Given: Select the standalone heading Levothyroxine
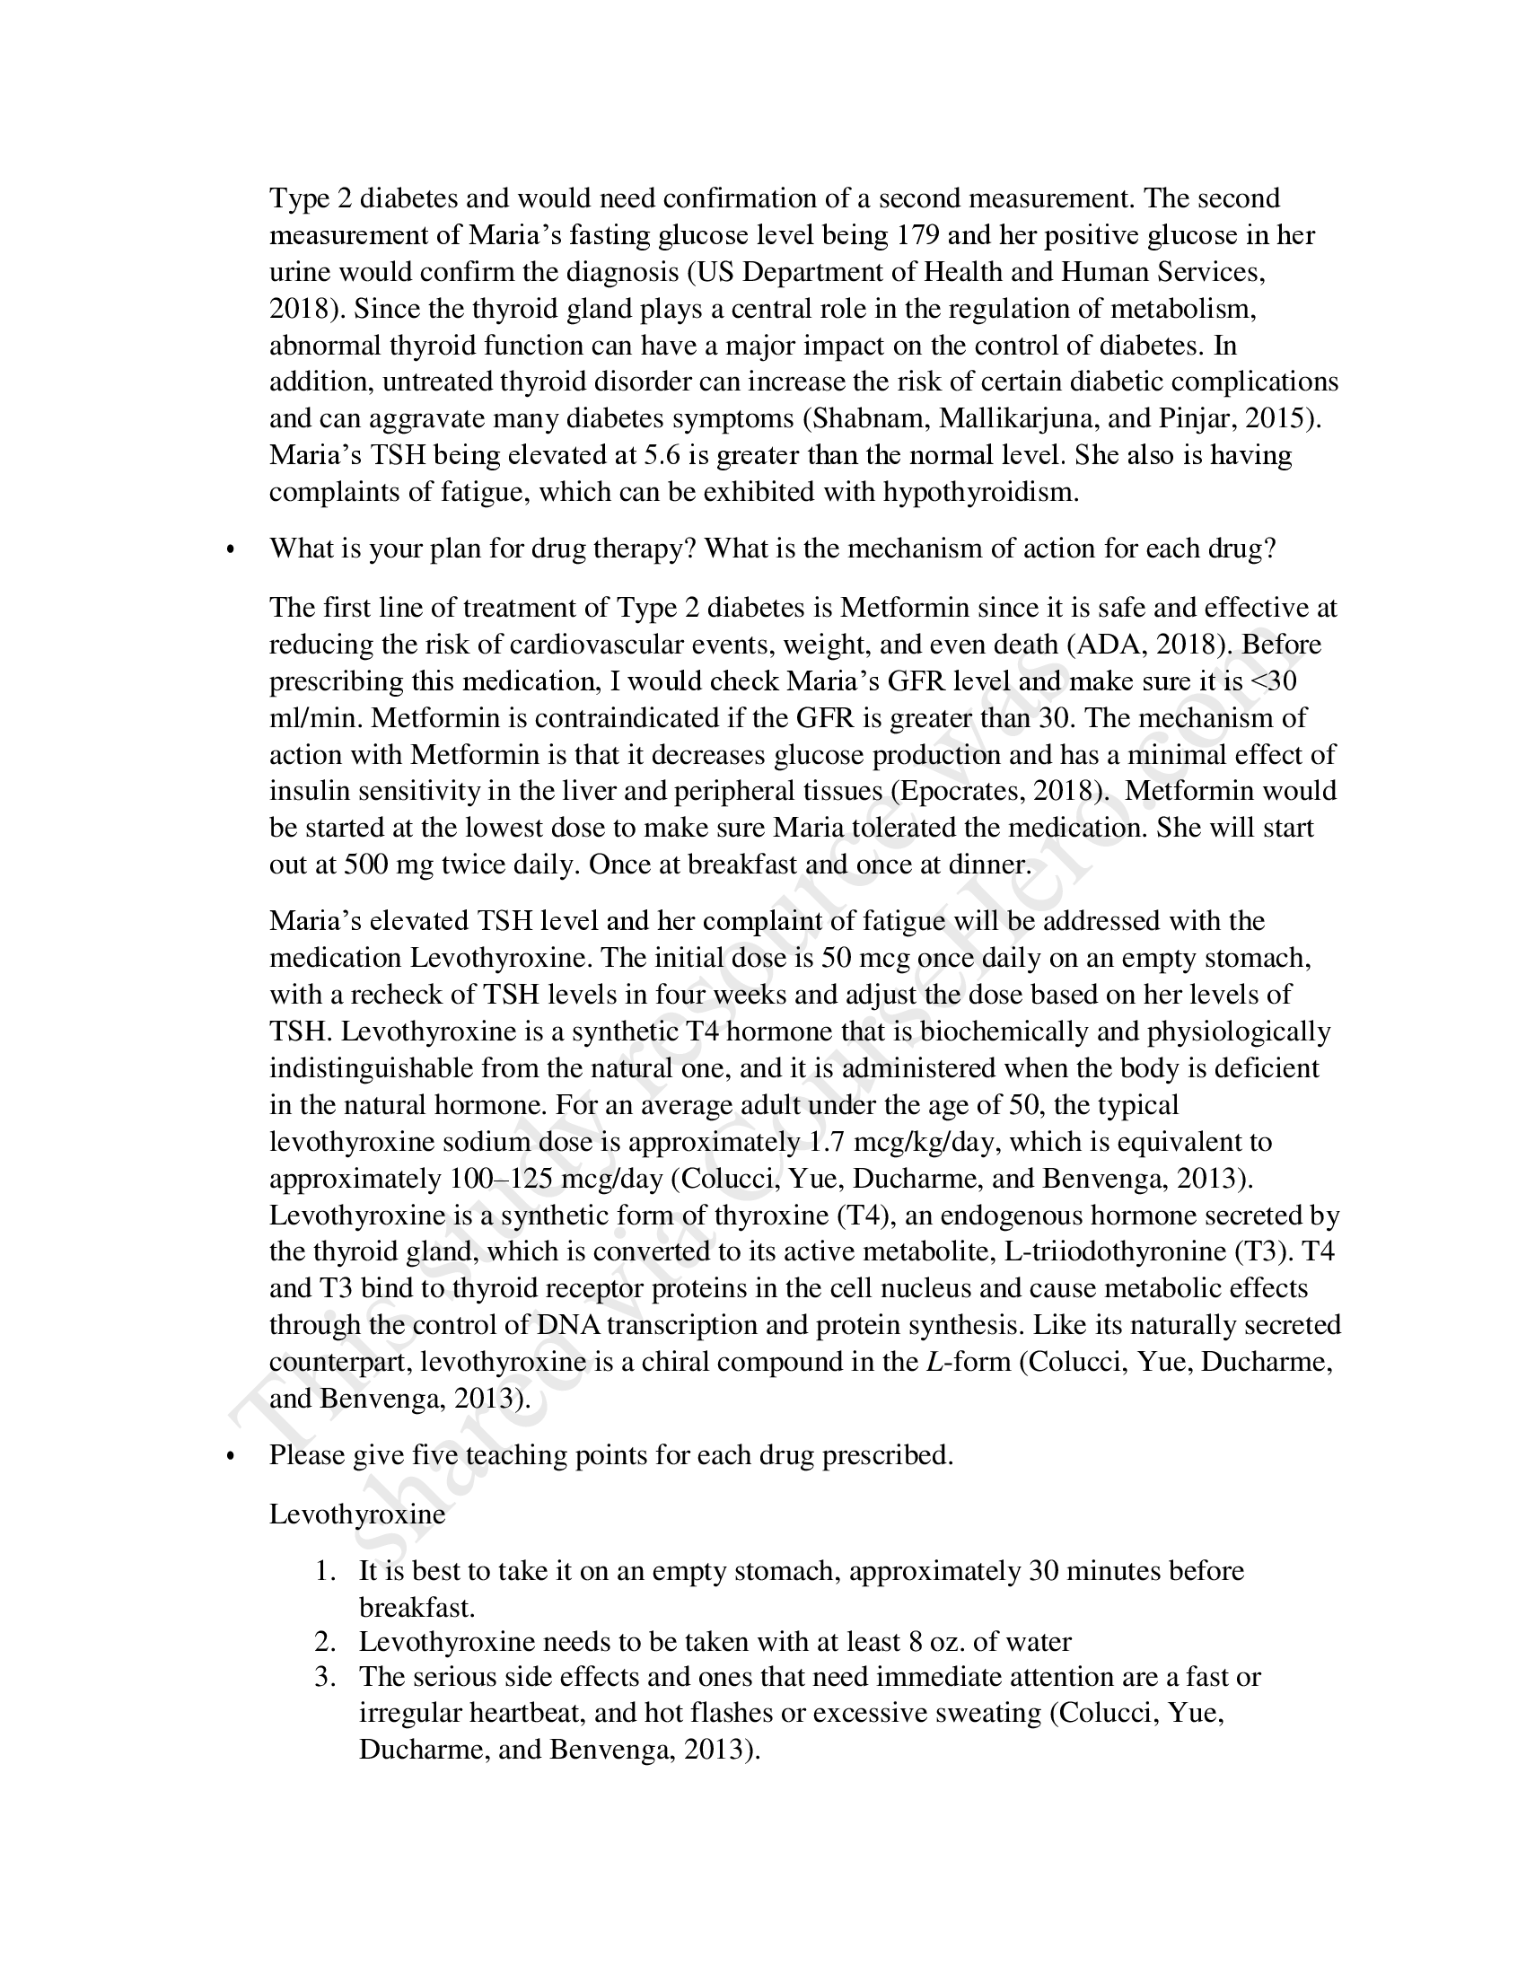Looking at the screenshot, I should coord(357,1514).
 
